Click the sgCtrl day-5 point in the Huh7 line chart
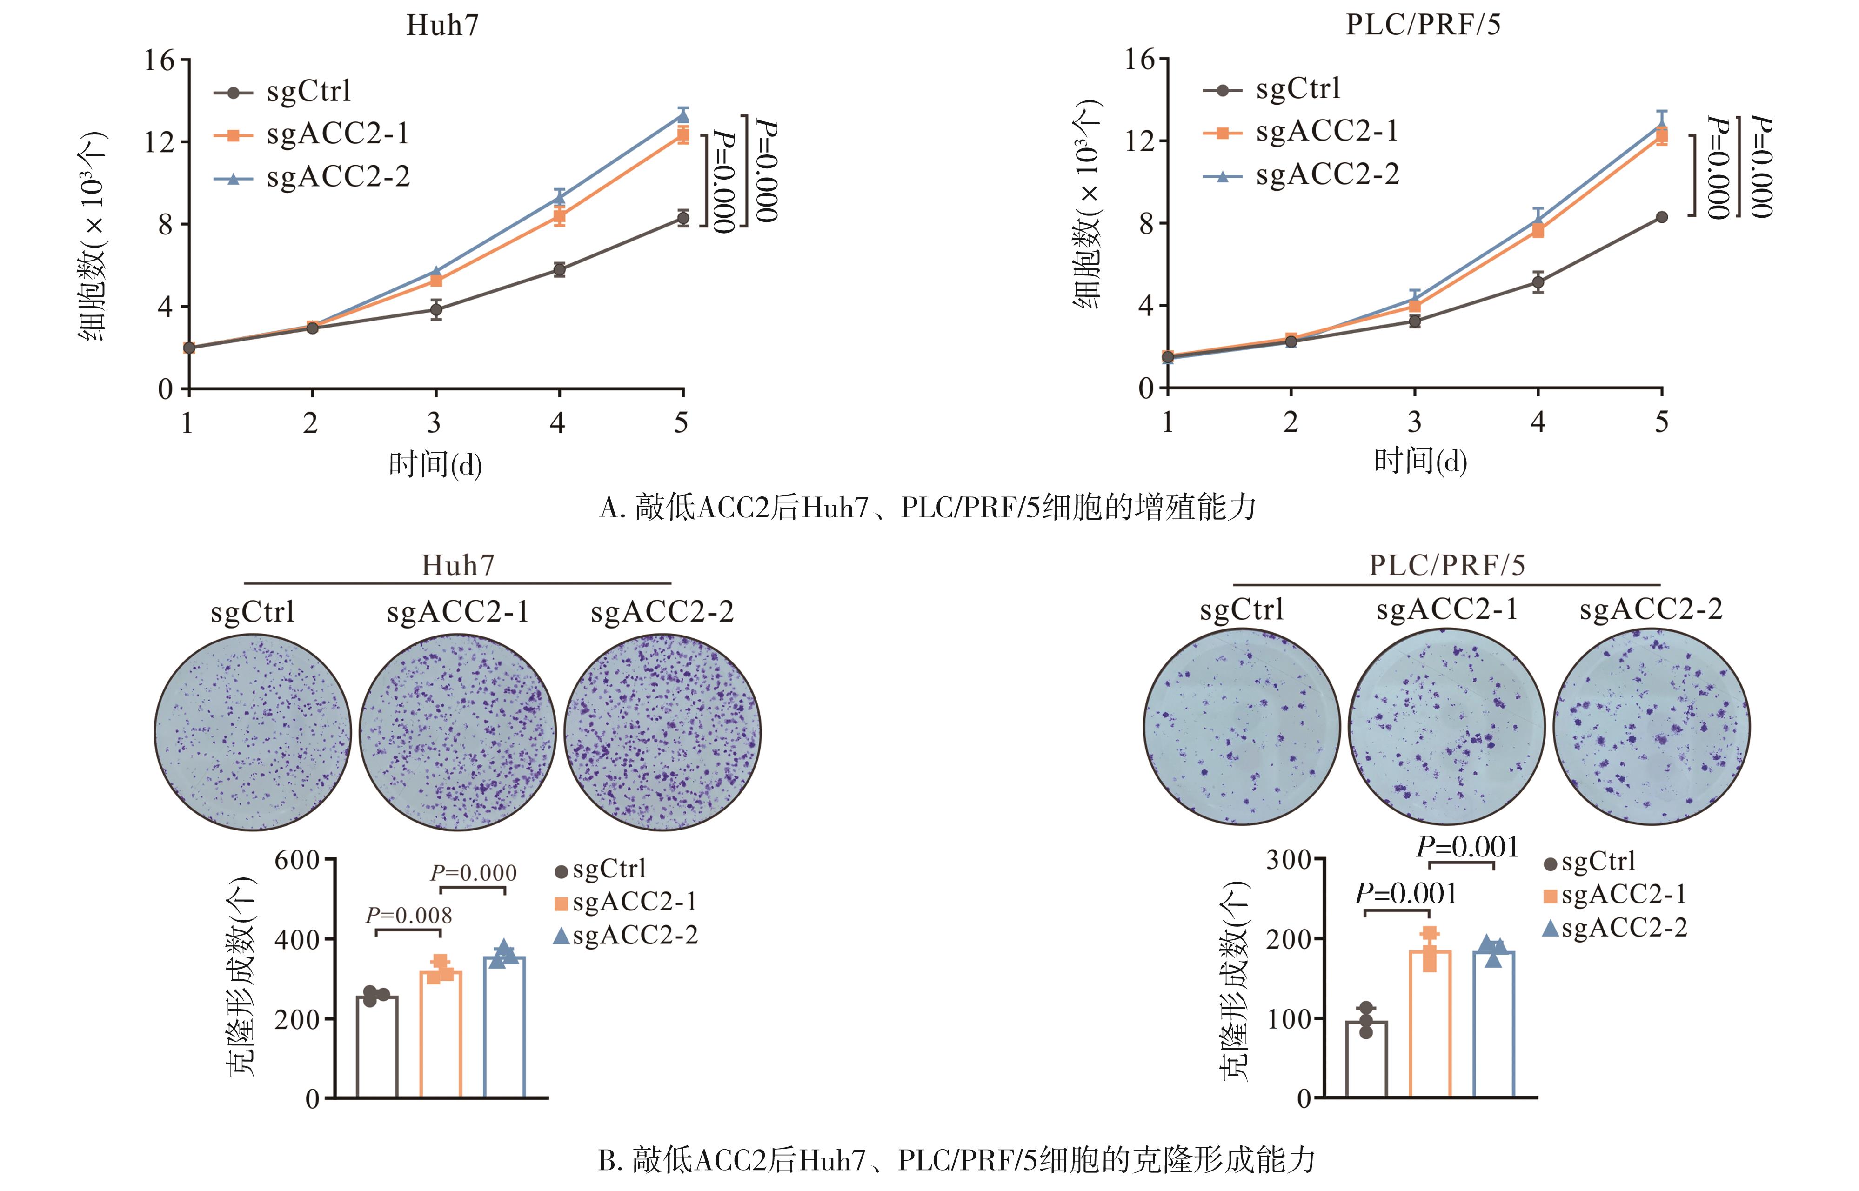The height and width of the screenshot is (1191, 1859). click(x=682, y=218)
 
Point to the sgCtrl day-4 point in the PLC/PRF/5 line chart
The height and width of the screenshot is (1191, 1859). click(x=1538, y=282)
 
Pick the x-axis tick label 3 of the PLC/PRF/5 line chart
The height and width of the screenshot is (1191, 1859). click(x=1414, y=422)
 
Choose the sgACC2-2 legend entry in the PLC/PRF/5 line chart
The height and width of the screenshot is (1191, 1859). click(x=1327, y=175)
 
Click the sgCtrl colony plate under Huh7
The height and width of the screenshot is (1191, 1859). click(x=253, y=732)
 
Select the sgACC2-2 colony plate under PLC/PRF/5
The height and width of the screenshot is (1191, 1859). click(x=1651, y=727)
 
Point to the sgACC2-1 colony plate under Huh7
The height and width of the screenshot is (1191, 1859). click(x=457, y=732)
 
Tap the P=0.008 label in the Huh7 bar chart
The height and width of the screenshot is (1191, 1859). click(x=408, y=916)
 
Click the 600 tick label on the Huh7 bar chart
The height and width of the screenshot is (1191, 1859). click(x=296, y=860)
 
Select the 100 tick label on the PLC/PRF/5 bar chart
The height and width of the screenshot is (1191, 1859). click(x=1288, y=1018)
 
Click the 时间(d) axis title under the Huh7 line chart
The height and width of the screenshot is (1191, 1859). click(x=435, y=465)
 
